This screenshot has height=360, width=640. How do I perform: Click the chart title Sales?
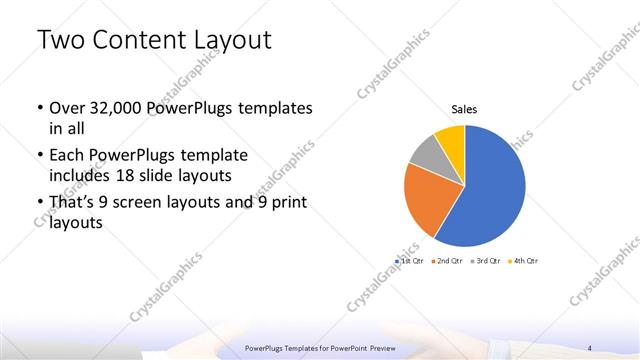464,108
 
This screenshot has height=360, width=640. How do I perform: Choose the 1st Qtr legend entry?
411,260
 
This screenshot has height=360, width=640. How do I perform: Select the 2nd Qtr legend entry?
447,260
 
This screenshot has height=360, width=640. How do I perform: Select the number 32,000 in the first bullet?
124,108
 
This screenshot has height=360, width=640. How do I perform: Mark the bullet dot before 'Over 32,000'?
38,109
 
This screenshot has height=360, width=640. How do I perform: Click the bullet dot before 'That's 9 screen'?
38,205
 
